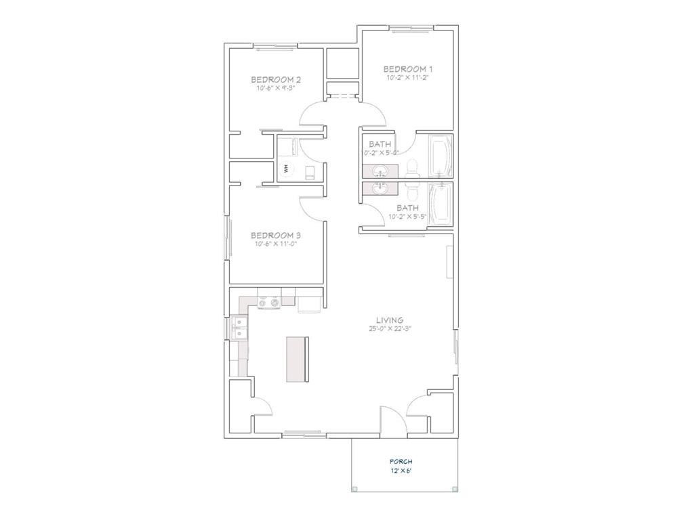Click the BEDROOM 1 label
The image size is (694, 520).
point(407,68)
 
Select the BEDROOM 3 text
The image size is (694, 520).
point(275,235)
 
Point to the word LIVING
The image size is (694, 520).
point(390,320)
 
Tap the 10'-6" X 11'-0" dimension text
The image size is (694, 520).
point(275,244)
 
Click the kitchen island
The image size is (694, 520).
point(297,359)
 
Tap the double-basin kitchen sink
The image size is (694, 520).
point(239,330)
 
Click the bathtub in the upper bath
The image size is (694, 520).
point(440,156)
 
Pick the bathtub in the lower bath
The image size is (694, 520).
point(440,203)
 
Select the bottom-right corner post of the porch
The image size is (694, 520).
point(455,489)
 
